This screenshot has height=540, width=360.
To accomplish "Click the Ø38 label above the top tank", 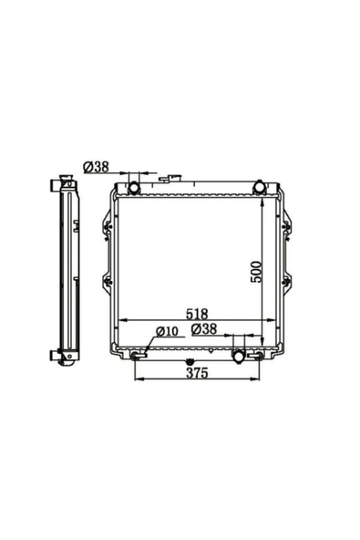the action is point(96,167).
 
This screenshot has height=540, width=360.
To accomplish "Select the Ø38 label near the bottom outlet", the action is point(204,329).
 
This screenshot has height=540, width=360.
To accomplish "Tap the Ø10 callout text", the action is point(167,331).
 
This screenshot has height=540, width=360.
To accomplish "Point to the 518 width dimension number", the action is point(197,314).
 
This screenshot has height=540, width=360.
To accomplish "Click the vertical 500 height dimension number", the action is point(256,272).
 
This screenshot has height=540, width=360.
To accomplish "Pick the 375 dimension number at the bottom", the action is point(197,373).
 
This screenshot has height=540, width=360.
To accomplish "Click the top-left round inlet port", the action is point(134,189).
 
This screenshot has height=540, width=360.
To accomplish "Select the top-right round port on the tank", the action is point(259,187).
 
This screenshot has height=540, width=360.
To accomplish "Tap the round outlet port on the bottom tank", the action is point(239,356).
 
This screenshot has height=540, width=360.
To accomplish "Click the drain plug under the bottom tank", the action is point(189,362).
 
